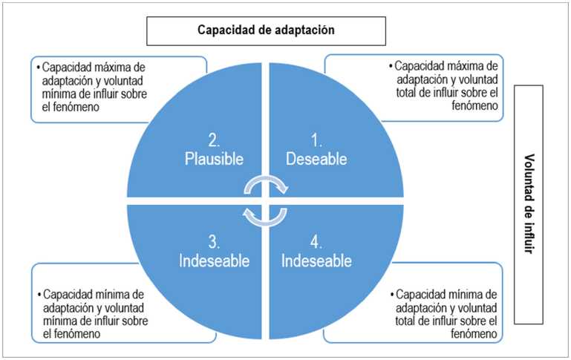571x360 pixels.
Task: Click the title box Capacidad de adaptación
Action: coord(266,30)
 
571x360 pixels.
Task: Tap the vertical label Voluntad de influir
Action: coord(529,204)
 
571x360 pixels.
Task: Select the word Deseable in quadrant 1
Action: coord(316,159)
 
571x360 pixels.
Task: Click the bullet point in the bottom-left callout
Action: coord(38,292)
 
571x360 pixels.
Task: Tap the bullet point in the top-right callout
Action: coord(391,65)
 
